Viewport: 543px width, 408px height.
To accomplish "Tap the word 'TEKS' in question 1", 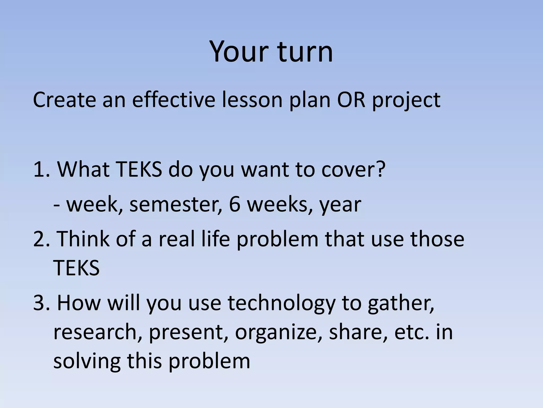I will point(139,169).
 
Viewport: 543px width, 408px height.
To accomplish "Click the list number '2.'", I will point(42,239).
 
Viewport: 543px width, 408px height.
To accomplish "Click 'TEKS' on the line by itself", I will point(76,268).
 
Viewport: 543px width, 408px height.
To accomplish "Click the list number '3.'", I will point(42,303).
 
